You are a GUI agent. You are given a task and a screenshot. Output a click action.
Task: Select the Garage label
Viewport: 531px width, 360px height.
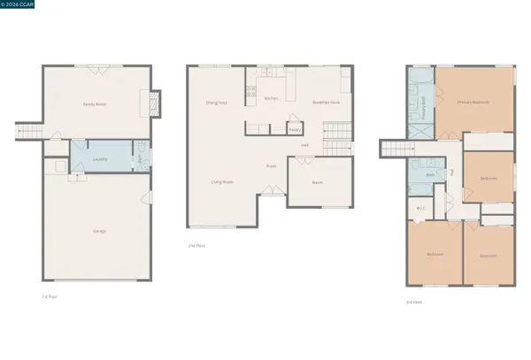(98, 231)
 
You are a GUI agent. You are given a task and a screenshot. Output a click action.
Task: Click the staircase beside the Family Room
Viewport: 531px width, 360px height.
(28, 133)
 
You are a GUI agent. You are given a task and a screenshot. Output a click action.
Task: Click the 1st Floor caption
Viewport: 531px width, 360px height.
(50, 295)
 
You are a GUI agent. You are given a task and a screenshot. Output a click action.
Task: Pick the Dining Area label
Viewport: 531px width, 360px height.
(216, 103)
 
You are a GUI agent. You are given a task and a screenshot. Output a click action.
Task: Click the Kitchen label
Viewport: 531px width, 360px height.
(272, 98)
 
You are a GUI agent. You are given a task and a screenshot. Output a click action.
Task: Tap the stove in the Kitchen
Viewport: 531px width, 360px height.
(250, 89)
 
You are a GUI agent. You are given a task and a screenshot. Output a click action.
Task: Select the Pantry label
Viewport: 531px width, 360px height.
(295, 129)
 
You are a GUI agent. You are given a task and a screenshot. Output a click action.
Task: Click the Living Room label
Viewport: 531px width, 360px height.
(221, 182)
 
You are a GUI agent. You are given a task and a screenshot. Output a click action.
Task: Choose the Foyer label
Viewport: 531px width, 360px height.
(273, 165)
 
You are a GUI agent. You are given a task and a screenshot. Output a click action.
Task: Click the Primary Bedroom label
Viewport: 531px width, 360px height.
(473, 103)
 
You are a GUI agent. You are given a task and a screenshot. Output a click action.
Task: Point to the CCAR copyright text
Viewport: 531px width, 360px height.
(19, 5)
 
